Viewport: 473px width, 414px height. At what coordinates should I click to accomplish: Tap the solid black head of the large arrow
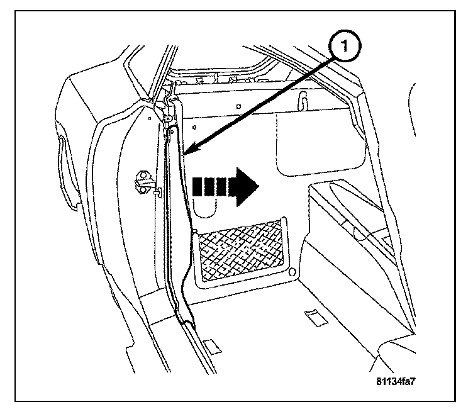point(247,186)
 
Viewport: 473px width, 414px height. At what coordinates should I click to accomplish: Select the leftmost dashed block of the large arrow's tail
point(198,186)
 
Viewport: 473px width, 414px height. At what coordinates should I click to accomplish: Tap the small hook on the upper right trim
point(303,99)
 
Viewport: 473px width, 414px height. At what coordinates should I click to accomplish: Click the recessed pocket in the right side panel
point(352,214)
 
